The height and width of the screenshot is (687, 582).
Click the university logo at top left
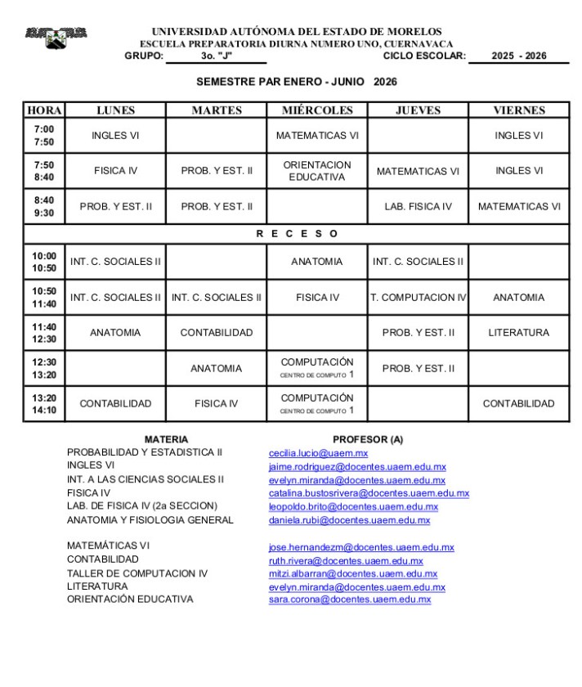(x=56, y=38)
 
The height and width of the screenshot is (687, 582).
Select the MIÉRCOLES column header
(x=317, y=110)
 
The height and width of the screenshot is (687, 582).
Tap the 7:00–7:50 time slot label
(x=44, y=136)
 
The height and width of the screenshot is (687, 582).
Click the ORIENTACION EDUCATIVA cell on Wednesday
(x=317, y=171)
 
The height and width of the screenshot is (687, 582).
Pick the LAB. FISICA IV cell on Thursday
(x=418, y=206)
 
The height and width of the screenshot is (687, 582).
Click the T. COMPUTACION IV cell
(x=418, y=298)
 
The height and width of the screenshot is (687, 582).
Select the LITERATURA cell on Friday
(x=519, y=333)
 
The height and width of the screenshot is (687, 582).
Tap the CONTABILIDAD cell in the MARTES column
(x=217, y=333)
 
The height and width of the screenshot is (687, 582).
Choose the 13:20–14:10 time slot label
(x=44, y=403)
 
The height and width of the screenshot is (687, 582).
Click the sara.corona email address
(x=349, y=599)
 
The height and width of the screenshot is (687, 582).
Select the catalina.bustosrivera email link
(x=369, y=493)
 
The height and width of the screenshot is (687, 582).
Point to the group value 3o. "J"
(x=217, y=56)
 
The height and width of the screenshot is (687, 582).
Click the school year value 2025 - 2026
(x=519, y=56)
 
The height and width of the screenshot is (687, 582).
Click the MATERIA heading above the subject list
(x=166, y=439)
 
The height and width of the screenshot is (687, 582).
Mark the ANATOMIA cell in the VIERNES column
(x=519, y=298)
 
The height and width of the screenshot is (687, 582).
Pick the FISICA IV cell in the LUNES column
(x=115, y=171)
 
